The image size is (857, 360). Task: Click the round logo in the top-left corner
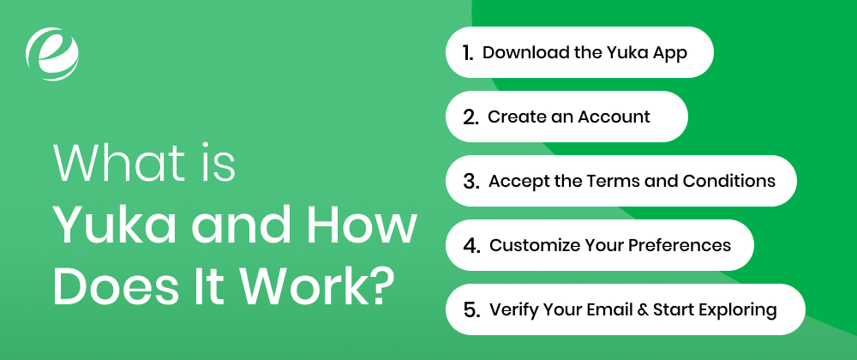click(54, 53)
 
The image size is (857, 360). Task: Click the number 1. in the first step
click(468, 52)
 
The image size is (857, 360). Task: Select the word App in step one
click(671, 52)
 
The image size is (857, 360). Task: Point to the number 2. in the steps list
click(470, 117)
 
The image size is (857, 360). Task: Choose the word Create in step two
click(515, 117)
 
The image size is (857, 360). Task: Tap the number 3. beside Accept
click(470, 181)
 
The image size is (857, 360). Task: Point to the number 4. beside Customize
click(470, 245)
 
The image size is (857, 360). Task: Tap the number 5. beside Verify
click(470, 309)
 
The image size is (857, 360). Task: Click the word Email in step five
click(607, 309)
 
